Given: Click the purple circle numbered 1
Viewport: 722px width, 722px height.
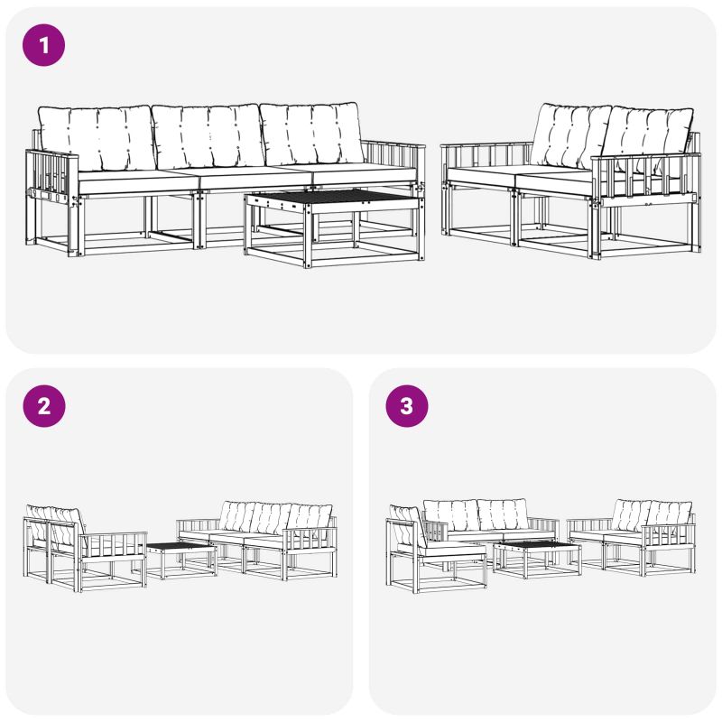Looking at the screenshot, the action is click(43, 45).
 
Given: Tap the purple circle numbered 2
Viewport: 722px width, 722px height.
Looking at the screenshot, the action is click(43, 406).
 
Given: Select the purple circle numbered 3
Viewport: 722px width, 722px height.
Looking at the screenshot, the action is click(407, 406).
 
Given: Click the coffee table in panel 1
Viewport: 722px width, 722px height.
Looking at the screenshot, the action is click(335, 228).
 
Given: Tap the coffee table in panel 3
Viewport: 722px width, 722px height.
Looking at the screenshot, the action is click(537, 559).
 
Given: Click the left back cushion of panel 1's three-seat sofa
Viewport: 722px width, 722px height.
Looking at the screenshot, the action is click(97, 137).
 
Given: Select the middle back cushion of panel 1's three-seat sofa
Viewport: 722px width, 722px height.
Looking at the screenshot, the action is click(208, 136).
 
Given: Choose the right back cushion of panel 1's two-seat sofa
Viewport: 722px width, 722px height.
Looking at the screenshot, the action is click(647, 139).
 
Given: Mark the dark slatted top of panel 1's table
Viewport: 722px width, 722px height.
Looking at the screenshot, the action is click(335, 197).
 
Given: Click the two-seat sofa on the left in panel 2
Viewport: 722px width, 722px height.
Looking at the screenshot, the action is click(85, 548).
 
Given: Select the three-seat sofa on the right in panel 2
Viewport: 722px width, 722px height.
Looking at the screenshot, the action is click(256, 540).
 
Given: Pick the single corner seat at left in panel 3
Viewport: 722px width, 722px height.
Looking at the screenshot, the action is click(436, 549).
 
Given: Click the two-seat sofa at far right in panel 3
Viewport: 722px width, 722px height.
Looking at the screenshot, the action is click(631, 537).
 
